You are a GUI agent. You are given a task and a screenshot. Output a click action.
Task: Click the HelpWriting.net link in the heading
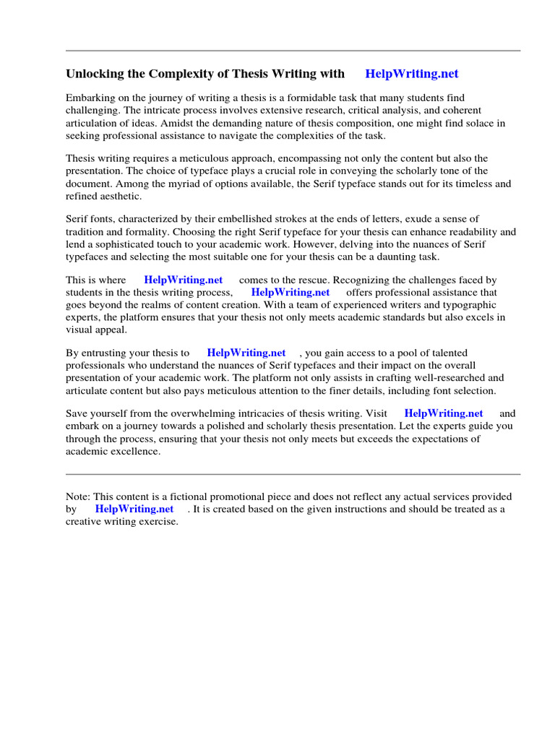point(412,74)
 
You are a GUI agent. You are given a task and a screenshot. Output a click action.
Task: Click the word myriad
point(186,184)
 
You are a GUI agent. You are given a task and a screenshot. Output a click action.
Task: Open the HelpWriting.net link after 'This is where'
point(184,280)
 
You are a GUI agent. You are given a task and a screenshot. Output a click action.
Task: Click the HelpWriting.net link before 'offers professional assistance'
point(291,293)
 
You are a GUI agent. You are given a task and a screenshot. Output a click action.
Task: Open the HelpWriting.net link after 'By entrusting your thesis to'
point(246,353)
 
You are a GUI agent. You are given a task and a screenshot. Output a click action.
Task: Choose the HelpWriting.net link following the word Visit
point(444,413)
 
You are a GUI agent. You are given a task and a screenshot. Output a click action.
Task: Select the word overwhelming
point(198,413)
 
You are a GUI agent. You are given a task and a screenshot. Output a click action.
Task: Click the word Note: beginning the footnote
point(77,496)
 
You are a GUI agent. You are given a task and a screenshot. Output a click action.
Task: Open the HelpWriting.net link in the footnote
point(134,509)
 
